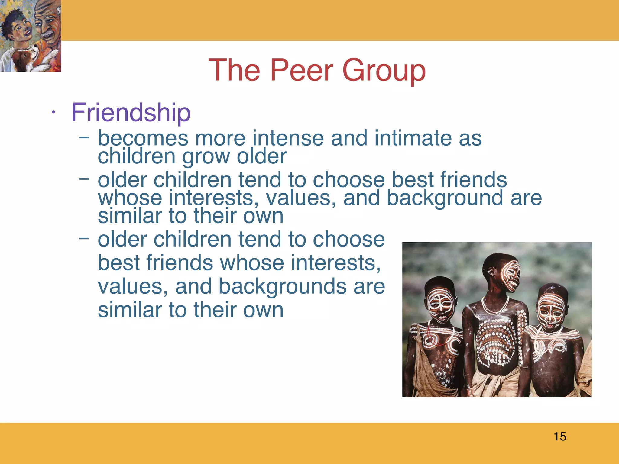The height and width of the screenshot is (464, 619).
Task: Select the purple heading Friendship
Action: point(131,112)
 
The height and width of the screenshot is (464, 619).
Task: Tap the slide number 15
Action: point(560,437)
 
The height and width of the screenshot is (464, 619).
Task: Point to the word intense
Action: point(288,138)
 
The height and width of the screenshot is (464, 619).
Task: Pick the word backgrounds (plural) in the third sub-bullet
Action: point(282,286)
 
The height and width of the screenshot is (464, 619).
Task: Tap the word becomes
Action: point(143,138)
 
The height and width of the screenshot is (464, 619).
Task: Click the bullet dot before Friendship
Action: point(53,112)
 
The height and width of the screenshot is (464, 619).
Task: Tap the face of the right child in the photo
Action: point(551,310)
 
